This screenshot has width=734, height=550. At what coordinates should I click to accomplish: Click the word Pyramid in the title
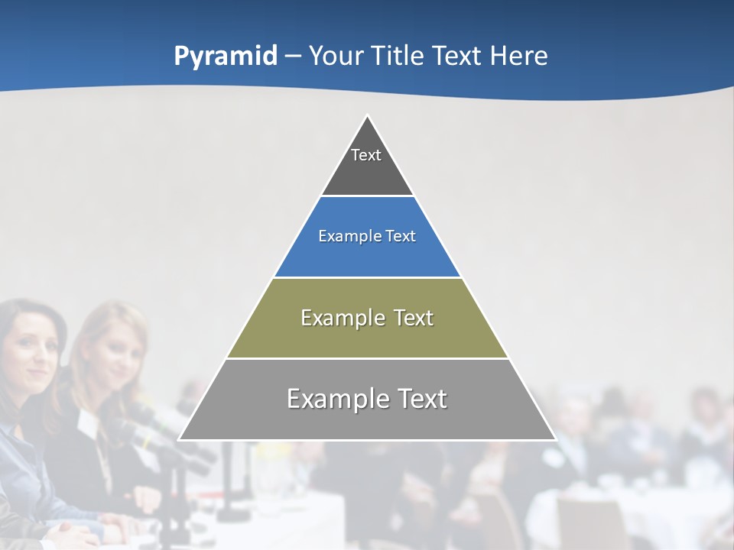(225, 57)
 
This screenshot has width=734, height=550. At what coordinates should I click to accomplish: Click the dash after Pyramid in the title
(292, 57)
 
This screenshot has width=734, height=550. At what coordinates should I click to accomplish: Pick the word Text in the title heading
(458, 56)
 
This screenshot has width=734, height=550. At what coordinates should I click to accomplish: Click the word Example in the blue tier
(341, 236)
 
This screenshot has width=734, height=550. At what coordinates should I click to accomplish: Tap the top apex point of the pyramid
(367, 116)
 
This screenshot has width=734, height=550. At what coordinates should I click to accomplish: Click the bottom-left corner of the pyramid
(180, 439)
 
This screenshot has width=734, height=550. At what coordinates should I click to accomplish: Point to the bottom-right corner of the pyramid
(555, 439)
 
